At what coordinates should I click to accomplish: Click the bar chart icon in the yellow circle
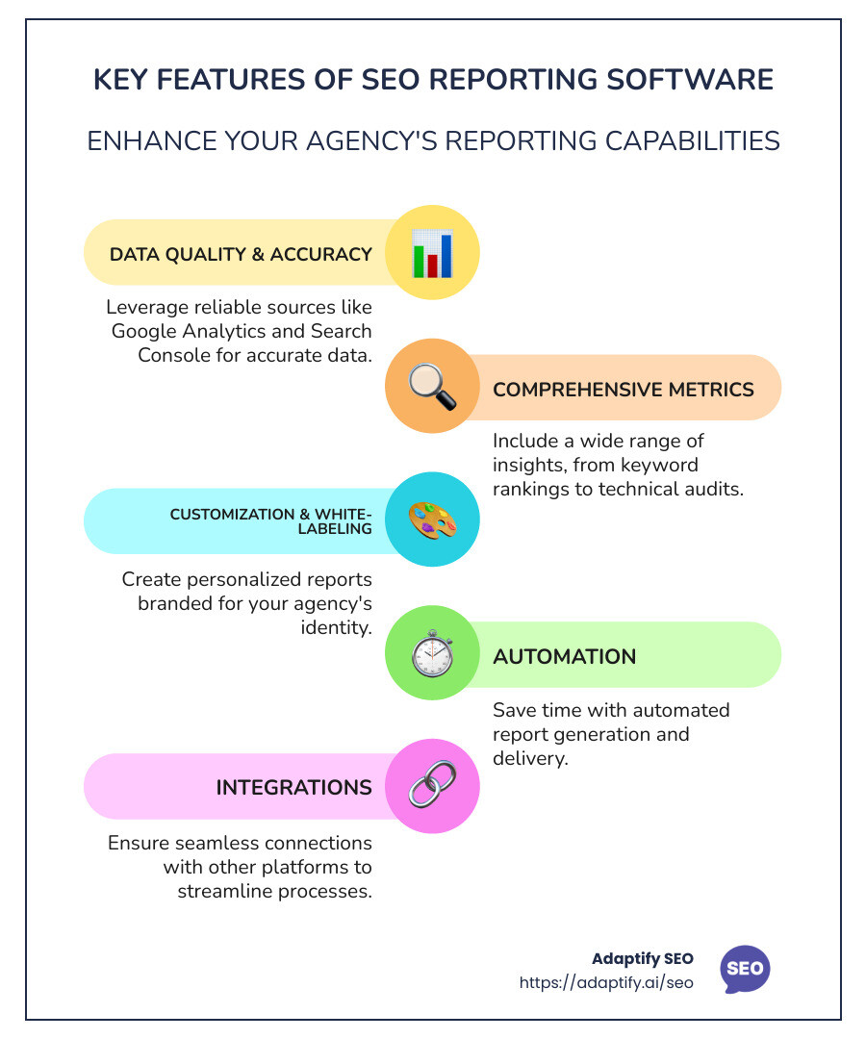[432, 253]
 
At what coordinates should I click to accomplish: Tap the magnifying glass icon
[432, 387]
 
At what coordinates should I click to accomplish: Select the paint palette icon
[432, 520]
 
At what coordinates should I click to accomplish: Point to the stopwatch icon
[432, 655]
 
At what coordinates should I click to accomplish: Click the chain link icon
[432, 787]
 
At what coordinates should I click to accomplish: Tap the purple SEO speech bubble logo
[745, 969]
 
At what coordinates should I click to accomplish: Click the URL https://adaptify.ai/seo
[606, 983]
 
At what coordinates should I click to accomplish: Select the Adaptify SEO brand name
[642, 959]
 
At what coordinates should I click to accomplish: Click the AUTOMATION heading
[564, 657]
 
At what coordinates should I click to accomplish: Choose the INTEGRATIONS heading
[293, 788]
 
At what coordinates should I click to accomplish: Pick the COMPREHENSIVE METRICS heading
[623, 389]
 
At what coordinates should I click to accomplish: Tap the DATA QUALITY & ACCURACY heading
[241, 254]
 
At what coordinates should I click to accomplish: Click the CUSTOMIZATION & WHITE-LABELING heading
[271, 520]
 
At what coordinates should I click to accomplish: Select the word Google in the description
[145, 331]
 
